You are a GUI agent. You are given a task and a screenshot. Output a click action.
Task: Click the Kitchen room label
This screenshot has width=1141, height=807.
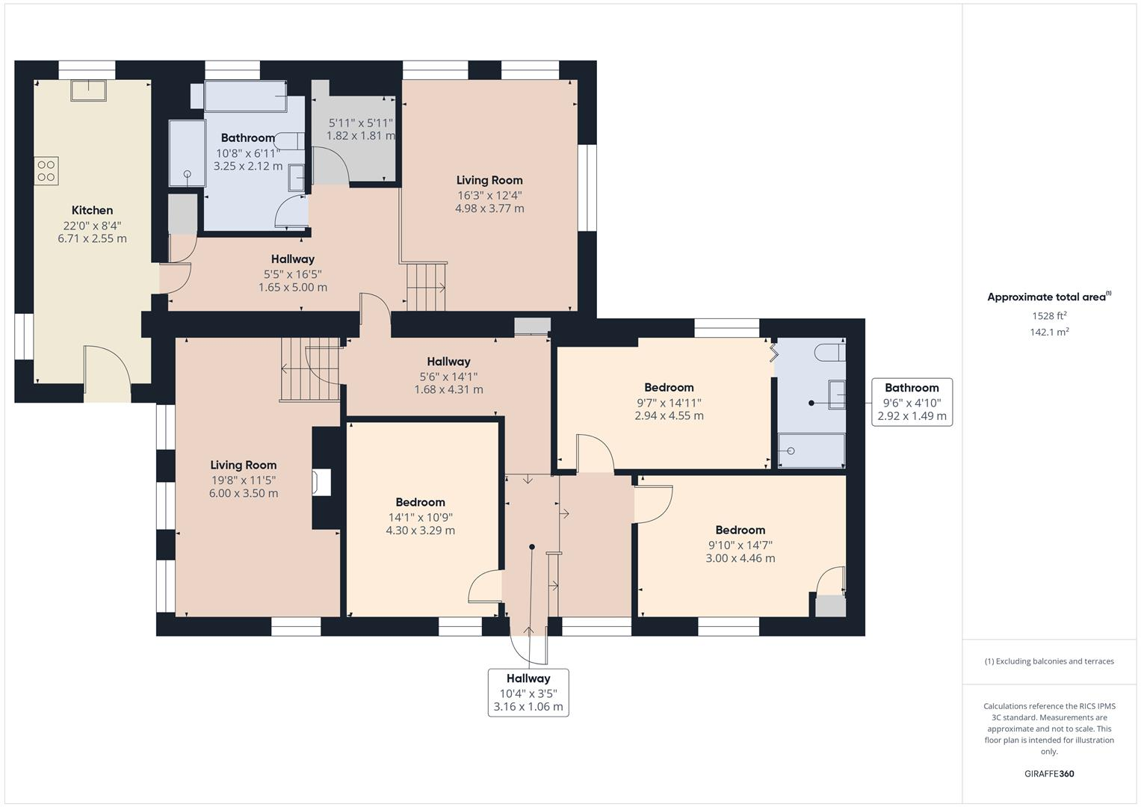click(92, 211)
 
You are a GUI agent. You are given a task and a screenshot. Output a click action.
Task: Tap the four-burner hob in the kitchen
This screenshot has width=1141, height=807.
click(46, 171)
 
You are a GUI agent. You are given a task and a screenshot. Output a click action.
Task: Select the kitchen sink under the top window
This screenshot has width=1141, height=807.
click(88, 90)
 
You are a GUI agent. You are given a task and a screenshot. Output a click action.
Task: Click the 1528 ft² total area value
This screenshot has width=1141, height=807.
click(1049, 316)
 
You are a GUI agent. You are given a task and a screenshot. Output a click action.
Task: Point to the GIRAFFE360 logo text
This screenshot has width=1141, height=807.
click(1049, 773)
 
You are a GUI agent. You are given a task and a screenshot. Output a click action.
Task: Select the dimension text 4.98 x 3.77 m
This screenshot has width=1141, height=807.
click(489, 208)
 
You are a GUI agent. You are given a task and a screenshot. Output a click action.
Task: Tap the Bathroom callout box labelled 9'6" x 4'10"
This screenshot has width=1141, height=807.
click(912, 402)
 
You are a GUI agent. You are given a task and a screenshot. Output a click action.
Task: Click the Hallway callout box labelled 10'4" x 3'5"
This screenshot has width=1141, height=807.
click(528, 693)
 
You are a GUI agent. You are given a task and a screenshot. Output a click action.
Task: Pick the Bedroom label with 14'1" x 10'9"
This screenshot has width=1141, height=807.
click(420, 502)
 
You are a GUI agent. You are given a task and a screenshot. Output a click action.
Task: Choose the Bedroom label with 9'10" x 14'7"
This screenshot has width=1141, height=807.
click(740, 530)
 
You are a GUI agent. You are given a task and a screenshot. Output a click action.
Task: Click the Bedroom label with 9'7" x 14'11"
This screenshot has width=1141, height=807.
click(669, 387)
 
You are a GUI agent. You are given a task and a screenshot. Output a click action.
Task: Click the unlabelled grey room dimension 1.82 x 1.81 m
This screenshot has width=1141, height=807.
click(361, 136)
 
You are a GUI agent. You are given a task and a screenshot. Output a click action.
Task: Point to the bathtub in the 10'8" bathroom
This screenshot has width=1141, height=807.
click(245, 97)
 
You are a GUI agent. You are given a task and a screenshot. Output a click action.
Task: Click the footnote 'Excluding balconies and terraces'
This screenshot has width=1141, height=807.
click(1049, 661)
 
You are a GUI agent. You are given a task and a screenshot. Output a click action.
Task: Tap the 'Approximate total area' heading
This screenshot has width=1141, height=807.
click(1048, 297)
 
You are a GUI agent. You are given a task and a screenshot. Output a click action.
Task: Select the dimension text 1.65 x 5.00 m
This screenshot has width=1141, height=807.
click(293, 288)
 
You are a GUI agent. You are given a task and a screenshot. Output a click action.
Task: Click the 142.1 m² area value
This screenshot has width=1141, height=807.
click(1049, 333)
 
